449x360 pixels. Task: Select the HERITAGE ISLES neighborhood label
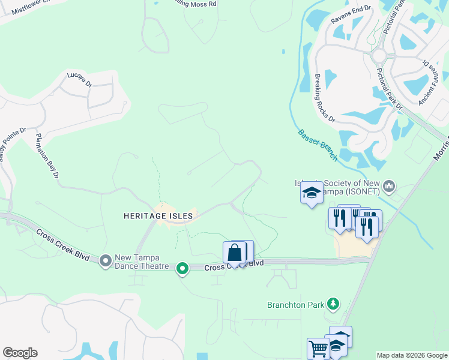[x=158, y=215]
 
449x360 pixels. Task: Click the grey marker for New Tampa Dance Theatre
[x=106, y=260]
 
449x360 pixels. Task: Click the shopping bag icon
[x=235, y=252]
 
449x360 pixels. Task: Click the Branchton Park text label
[x=295, y=305]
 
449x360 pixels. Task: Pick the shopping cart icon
[x=318, y=347]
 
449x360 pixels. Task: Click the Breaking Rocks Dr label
[x=325, y=97]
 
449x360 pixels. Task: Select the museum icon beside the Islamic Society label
[x=391, y=187]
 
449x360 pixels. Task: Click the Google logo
[x=20, y=353]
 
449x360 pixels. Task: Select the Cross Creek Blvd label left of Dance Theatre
[x=63, y=244]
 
